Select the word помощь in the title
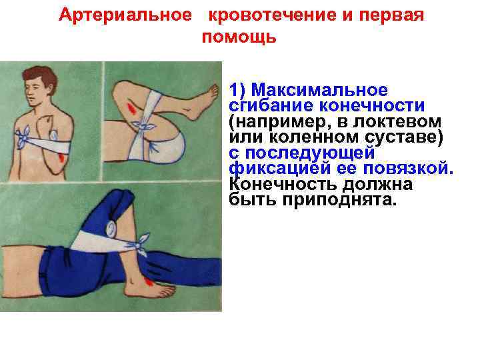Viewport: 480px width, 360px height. click(239, 37)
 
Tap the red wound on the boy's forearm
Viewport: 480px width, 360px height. click(62, 158)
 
